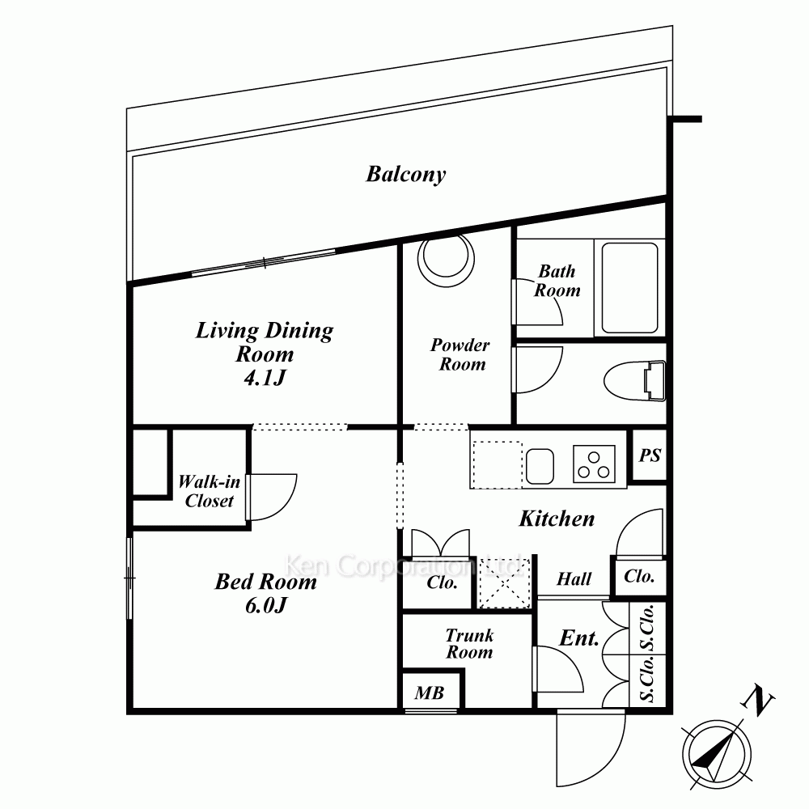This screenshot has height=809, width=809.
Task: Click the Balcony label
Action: pyautogui.click(x=405, y=175)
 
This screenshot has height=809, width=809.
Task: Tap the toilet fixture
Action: pyautogui.click(x=635, y=381)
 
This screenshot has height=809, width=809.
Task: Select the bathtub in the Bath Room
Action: pyautogui.click(x=629, y=288)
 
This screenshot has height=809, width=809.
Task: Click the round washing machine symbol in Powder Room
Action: pyautogui.click(x=446, y=258)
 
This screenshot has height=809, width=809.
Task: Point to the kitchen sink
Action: pyautogui.click(x=540, y=467)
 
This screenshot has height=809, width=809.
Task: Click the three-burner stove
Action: pyautogui.click(x=594, y=464)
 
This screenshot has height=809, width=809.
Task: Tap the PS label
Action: pyautogui.click(x=650, y=455)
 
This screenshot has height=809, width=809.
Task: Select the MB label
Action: pyautogui.click(x=430, y=693)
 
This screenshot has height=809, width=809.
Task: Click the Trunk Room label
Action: pyautogui.click(x=469, y=643)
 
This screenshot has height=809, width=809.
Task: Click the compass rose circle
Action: pyautogui.click(x=716, y=754)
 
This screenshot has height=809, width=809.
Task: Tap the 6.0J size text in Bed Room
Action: pyautogui.click(x=265, y=605)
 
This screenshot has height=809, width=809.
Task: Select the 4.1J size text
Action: pyautogui.click(x=265, y=378)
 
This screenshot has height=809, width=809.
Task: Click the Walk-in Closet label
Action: pyautogui.click(x=209, y=491)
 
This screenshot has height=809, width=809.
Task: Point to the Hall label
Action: pyautogui.click(x=574, y=579)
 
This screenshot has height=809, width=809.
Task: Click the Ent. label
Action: pyautogui.click(x=579, y=639)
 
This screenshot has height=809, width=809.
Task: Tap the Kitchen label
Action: pyautogui.click(x=557, y=519)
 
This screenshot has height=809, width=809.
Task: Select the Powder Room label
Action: pyautogui.click(x=460, y=354)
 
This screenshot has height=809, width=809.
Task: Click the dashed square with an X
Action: pyautogui.click(x=505, y=583)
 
